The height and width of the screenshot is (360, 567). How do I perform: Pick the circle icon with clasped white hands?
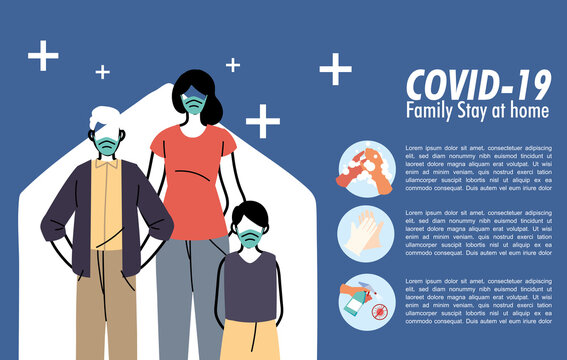pos(366,234)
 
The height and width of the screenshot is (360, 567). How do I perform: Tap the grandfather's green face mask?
pos(106,143)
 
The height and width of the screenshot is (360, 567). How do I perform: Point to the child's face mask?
pos(248,237)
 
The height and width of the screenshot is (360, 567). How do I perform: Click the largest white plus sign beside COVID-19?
pos(335,69)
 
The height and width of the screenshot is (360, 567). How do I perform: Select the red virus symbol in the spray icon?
pos(379,312)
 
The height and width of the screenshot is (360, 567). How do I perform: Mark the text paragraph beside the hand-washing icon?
pos(478,168)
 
